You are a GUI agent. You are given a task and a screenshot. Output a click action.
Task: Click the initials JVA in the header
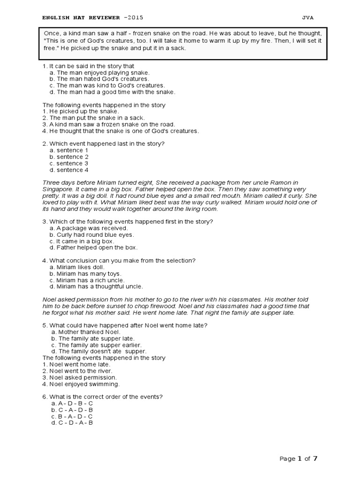click(308, 18)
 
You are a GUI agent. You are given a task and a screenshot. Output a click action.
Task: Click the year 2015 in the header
click(135, 18)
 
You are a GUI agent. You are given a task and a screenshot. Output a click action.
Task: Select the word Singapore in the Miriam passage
click(58, 189)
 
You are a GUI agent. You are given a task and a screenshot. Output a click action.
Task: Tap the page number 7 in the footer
click(315, 458)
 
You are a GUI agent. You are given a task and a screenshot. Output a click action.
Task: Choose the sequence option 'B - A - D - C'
click(75, 416)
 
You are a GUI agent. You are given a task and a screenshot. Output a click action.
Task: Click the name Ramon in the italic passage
click(285, 182)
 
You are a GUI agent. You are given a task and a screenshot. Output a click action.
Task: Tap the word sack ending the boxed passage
click(178, 48)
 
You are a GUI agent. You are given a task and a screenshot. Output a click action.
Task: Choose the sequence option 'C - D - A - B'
click(75, 423)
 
